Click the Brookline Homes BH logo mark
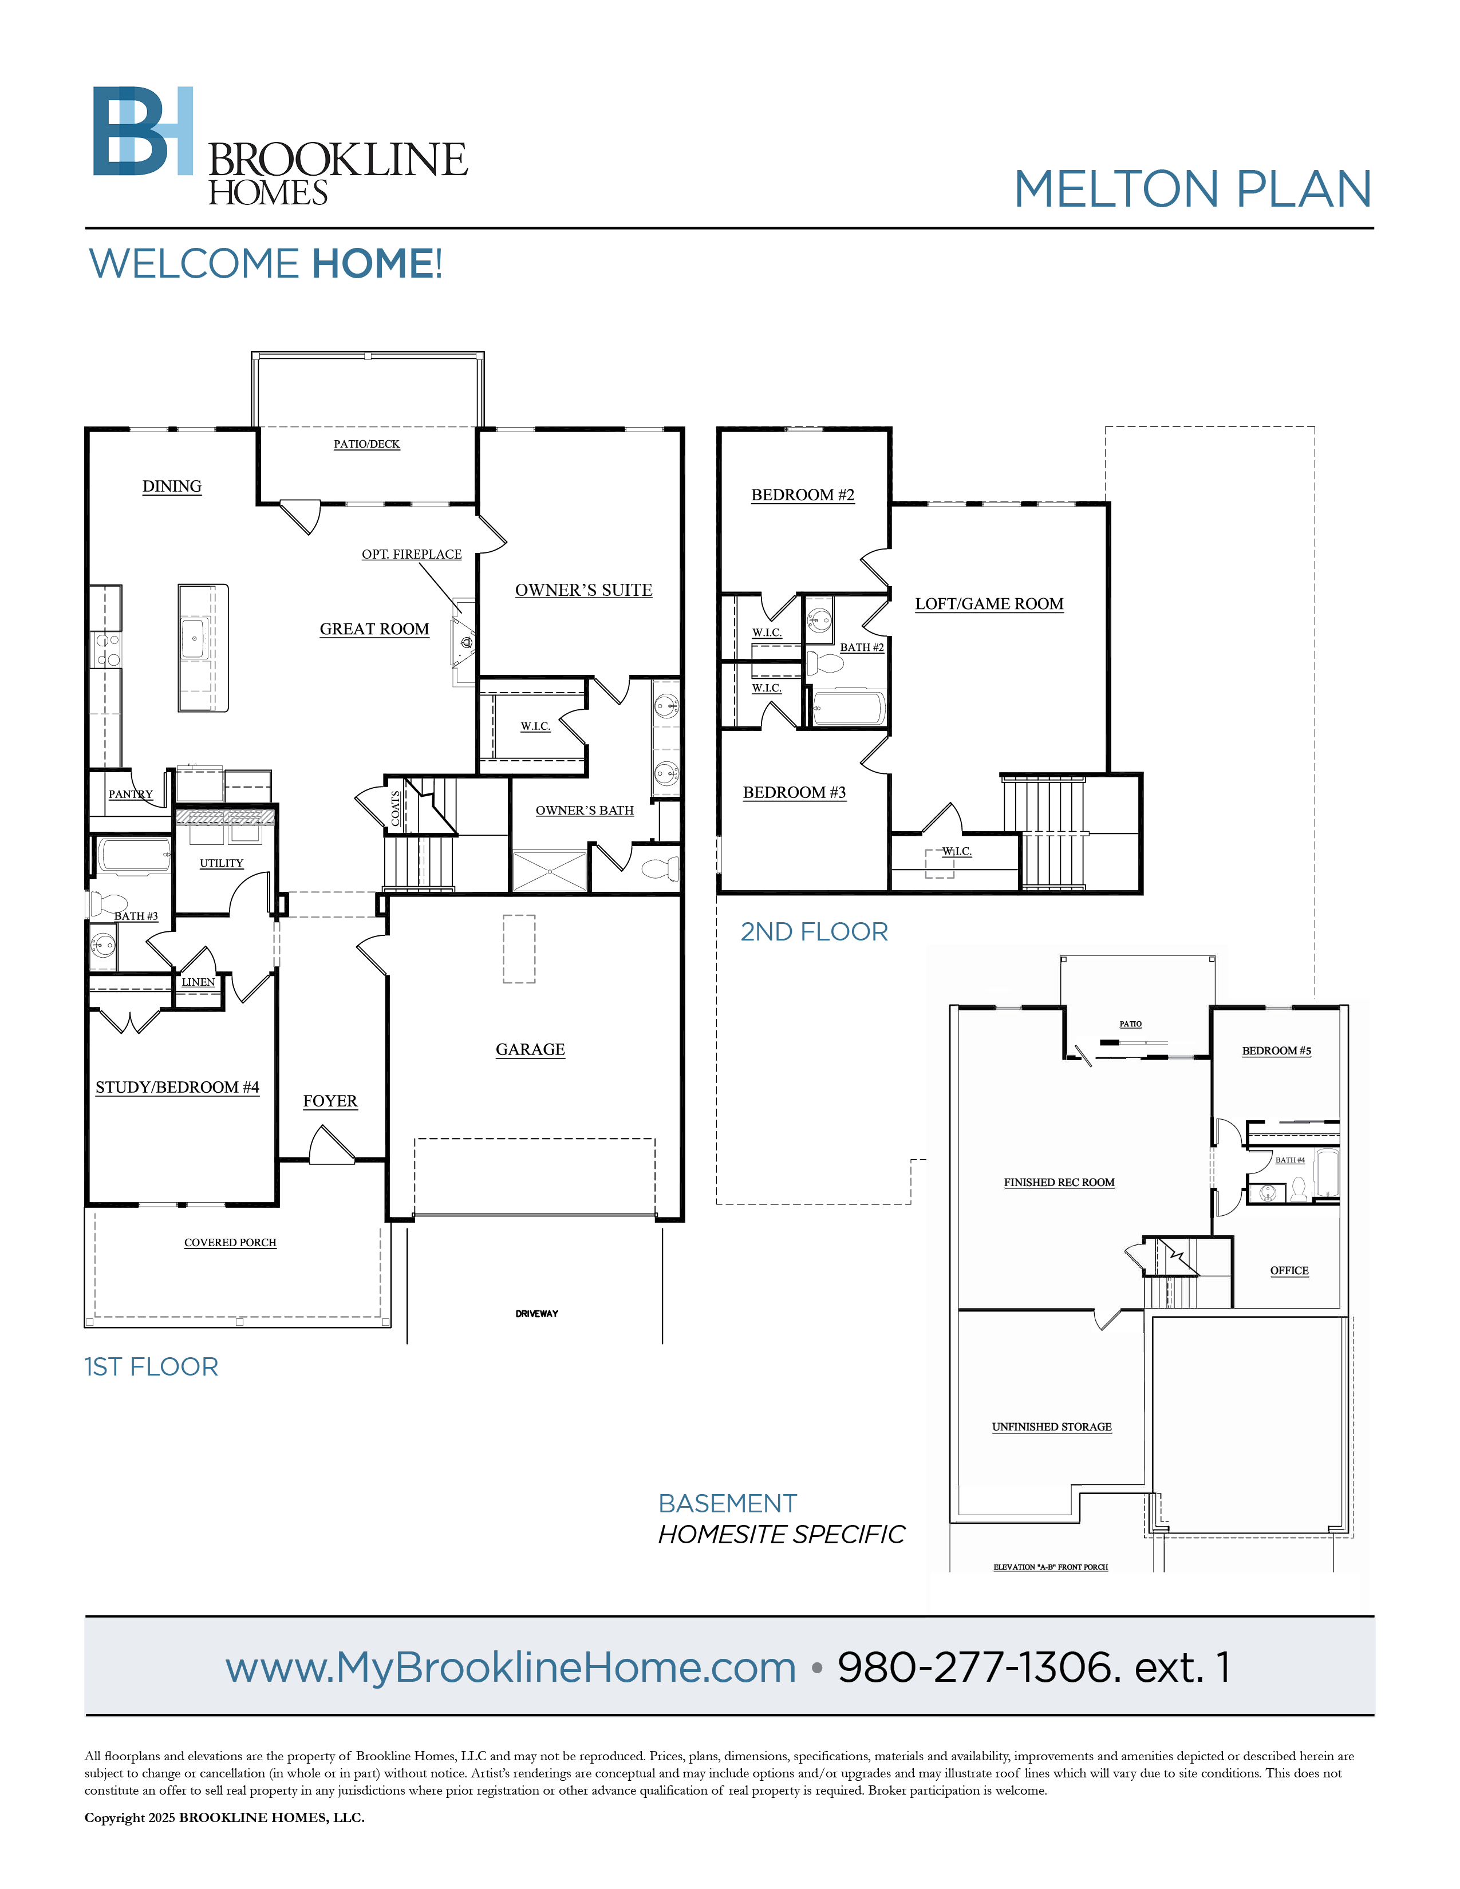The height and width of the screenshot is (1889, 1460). point(143,131)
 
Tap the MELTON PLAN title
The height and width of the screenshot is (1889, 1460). point(1193,189)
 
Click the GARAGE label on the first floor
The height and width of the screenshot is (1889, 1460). point(530,1049)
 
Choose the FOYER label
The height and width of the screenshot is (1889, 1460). point(330,1101)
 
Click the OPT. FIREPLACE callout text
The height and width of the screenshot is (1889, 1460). point(412,555)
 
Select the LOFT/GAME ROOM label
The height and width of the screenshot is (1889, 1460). point(989,604)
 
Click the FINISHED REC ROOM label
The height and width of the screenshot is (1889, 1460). point(1060,1183)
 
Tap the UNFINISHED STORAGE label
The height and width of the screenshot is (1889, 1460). point(1052,1426)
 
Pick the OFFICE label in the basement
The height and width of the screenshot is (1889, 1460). point(1289,1271)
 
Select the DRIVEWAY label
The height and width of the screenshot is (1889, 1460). point(537,1314)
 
